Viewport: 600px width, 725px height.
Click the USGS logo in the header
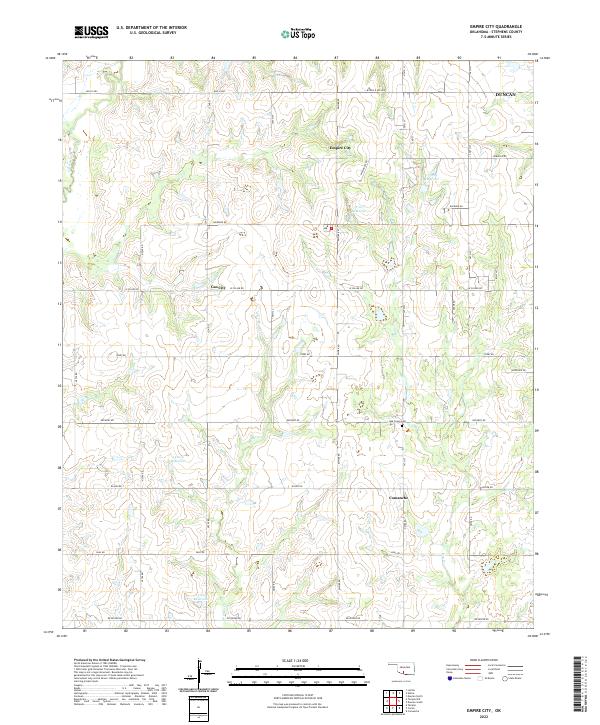click(91, 32)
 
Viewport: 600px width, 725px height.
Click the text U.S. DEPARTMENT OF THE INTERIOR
click(151, 27)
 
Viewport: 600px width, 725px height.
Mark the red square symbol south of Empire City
click(331, 228)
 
